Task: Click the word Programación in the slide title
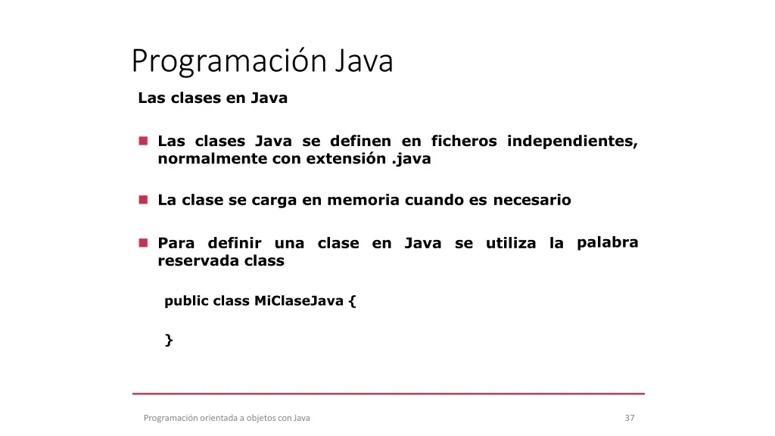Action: coord(229,62)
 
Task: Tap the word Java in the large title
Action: coord(364,61)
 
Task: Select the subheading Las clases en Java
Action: coord(213,98)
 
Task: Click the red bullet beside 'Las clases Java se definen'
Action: coord(143,141)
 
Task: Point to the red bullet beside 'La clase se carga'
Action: coord(143,200)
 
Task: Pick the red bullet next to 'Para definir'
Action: coord(143,243)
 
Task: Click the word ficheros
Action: coord(464,141)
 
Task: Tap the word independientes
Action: coord(572,142)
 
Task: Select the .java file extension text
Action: coord(411,159)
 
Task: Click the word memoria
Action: coord(363,200)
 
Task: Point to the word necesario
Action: coord(532,200)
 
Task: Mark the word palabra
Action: coord(608,243)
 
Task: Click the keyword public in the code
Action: coord(186,301)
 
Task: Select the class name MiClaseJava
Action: coord(298,301)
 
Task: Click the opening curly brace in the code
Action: coord(352,301)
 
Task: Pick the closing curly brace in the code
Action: coord(169,340)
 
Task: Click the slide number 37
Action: coord(630,418)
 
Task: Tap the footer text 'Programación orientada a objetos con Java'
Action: coord(227,418)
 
